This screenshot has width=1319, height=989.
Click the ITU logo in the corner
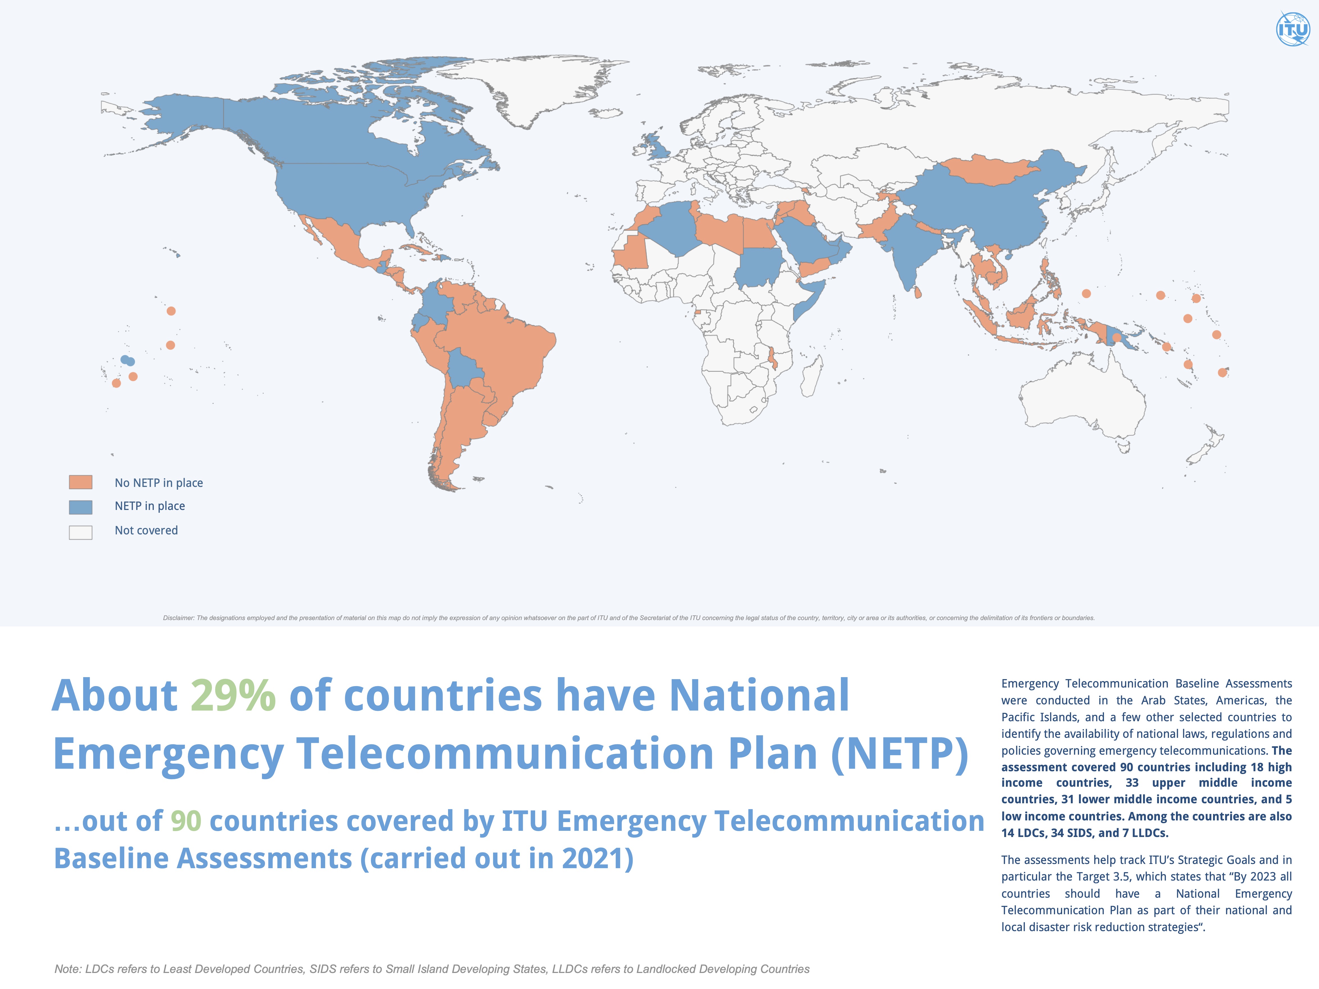tap(1292, 29)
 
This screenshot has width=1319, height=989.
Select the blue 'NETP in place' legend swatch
tap(80, 507)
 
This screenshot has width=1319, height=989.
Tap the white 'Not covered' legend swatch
tap(80, 532)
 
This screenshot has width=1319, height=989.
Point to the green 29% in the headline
tap(232, 696)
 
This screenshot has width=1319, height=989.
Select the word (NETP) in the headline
tap(899, 754)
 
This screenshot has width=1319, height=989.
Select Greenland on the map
tap(537, 89)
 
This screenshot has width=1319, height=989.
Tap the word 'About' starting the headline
tap(114, 696)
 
